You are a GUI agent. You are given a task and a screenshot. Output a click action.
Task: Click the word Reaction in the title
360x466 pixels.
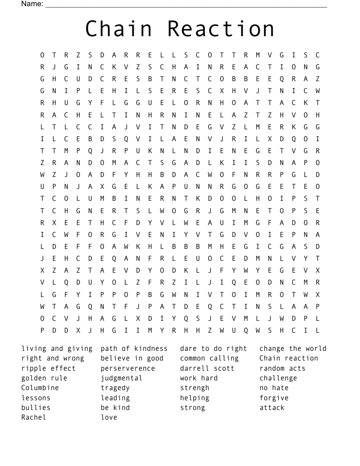click(221, 29)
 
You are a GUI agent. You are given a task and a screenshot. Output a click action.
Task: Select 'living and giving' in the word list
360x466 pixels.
click(57, 349)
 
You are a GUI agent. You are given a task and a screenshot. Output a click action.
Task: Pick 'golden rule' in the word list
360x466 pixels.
click(44, 378)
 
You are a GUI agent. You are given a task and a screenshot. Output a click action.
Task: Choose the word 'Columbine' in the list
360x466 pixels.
click(40, 388)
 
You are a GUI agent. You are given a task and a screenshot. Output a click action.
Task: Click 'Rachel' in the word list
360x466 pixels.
click(34, 417)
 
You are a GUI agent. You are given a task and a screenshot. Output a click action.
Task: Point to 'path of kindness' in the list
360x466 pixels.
click(134, 349)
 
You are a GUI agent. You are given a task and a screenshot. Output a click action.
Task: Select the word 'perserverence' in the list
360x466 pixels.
click(128, 368)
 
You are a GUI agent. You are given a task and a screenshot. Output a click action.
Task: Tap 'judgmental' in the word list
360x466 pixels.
click(121, 378)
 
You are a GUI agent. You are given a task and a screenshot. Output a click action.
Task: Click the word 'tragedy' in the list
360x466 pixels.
click(115, 388)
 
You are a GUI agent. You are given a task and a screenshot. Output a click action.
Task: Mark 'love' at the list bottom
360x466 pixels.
click(109, 417)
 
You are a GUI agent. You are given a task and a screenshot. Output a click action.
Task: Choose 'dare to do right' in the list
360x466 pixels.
click(214, 349)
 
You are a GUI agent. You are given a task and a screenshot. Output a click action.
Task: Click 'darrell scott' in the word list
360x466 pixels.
click(207, 368)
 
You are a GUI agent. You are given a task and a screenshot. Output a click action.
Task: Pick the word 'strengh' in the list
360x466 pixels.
click(195, 388)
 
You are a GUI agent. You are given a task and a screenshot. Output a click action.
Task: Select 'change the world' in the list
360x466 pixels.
click(293, 349)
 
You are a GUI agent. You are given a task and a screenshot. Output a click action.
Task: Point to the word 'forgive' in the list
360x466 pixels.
click(274, 398)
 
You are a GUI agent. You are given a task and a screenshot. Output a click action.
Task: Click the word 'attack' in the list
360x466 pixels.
click(272, 408)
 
